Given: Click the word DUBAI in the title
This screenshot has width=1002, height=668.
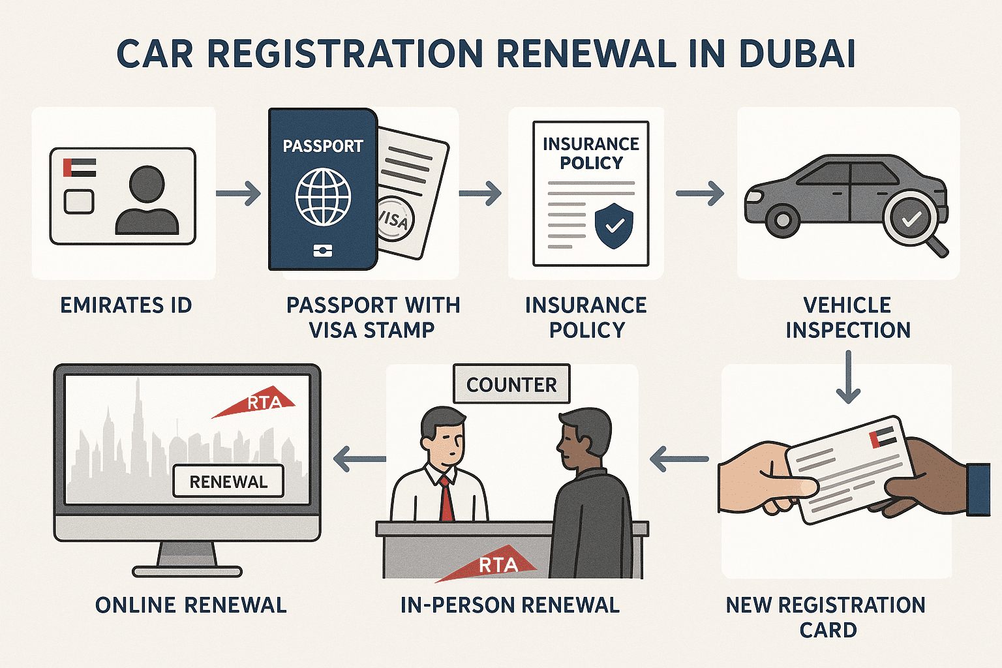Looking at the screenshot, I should pyautogui.click(x=797, y=53).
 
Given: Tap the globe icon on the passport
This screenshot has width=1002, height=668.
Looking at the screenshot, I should pyautogui.click(x=323, y=196).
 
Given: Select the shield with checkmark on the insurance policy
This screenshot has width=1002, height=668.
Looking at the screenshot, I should pyautogui.click(x=614, y=225).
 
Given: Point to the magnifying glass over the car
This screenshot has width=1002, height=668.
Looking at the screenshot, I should pyautogui.click(x=912, y=220).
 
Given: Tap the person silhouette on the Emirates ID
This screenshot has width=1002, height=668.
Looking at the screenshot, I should pyautogui.click(x=147, y=201).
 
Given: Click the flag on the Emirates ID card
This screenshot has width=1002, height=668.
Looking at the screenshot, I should pyautogui.click(x=79, y=168).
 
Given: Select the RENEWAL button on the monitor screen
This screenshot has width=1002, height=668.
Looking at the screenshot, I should pyautogui.click(x=228, y=481).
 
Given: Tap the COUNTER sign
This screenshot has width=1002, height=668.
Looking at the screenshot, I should pyautogui.click(x=511, y=384).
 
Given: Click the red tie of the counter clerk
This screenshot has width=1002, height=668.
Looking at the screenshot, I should pyautogui.click(x=447, y=499).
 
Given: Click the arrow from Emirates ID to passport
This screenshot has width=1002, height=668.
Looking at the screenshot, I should pyautogui.click(x=238, y=193).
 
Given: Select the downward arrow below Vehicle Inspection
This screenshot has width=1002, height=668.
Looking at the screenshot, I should pyautogui.click(x=848, y=376).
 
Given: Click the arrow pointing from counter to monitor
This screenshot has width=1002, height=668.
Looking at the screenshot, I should pyautogui.click(x=359, y=459).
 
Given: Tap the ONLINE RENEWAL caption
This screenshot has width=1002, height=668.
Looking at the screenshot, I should pyautogui.click(x=190, y=605).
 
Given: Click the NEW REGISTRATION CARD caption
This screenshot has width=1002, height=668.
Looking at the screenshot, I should pyautogui.click(x=826, y=617).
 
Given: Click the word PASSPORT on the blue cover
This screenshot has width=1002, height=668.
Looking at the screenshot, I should pyautogui.click(x=323, y=146).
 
